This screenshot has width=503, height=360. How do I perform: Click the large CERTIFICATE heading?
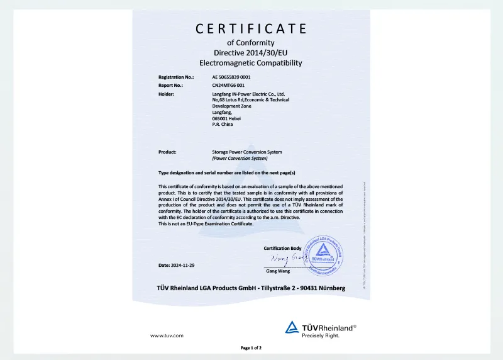pos(251,29)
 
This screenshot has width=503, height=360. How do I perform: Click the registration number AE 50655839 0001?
pos(236,77)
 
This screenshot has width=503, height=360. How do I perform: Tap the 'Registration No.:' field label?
pos(176,77)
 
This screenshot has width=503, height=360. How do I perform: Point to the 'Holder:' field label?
pos(166,94)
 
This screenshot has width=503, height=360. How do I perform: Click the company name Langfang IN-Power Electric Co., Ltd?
pos(249,94)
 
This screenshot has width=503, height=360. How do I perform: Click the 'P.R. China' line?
pos(223,125)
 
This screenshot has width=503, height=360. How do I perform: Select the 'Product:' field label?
pos(167,152)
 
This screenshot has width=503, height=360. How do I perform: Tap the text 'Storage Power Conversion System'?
pos(247,152)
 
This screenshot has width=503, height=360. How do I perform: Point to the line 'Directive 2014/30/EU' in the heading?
pos(251,52)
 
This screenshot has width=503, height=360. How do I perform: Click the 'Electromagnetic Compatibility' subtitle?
pos(251,63)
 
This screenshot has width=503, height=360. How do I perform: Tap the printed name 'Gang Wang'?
pos(278,271)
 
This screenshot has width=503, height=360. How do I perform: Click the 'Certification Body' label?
pos(282,248)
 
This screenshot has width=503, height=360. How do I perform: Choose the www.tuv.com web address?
pos(167,335)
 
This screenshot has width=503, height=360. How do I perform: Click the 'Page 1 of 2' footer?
pos(251,348)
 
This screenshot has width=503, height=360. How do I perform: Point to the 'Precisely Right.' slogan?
pos(321,335)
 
